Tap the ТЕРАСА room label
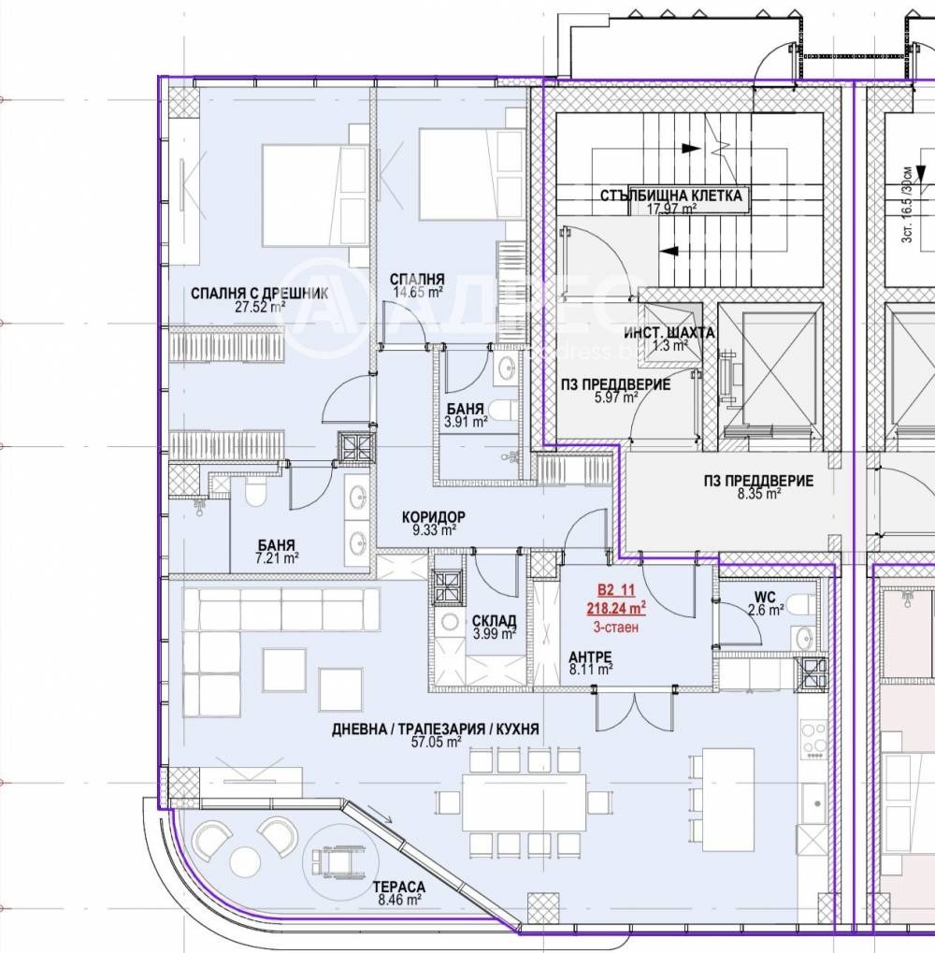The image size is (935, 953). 399,887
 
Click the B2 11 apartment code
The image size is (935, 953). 616,589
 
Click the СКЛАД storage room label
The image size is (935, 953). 494,621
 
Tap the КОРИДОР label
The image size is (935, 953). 434,517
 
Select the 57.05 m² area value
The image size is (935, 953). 436,742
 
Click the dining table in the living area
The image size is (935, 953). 524,802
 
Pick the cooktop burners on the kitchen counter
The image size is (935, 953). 813,739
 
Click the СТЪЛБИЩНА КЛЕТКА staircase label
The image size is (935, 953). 670,195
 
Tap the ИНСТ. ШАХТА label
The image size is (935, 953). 669,333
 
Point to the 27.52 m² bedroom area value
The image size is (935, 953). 260,307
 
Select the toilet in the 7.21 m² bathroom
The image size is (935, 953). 254,491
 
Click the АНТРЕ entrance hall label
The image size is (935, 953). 590,657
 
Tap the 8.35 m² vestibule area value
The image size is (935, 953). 759,494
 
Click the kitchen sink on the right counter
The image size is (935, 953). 813,802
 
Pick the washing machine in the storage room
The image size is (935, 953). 450,622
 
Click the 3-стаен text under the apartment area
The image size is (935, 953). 616,628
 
